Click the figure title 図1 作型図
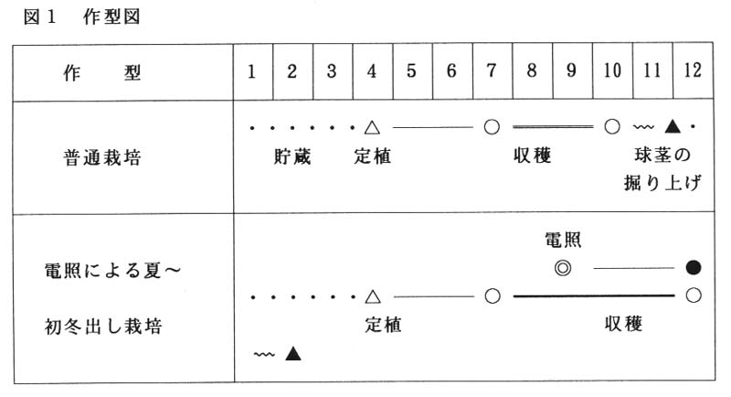tap(81, 17)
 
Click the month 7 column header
tap(492, 71)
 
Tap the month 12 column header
tap(693, 71)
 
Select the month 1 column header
tap(252, 71)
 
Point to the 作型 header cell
tap(102, 73)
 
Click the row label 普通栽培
tap(102, 157)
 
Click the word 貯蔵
tap(291, 156)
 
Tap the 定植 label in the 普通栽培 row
tap(372, 156)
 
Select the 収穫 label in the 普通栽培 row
tap(532, 156)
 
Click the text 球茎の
tap(662, 155)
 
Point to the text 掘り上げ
tap(662, 183)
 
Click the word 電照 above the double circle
tap(563, 240)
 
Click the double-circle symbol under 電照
tap(563, 268)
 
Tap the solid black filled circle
tap(694, 267)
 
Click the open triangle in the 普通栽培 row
tap(372, 127)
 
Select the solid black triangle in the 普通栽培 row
tap(672, 126)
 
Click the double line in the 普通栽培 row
tap(553, 126)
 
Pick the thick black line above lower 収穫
tap(593, 295)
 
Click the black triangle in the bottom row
tap(292, 353)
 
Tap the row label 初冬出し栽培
tap(103, 326)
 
